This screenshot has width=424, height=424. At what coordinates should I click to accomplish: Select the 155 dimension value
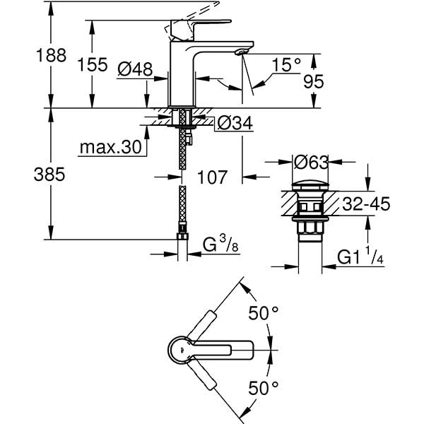pyautogui.click(x=93, y=66)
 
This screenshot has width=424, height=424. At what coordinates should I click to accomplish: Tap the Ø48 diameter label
pyautogui.click(x=136, y=69)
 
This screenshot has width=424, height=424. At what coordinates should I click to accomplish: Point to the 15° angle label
pyautogui.click(x=285, y=65)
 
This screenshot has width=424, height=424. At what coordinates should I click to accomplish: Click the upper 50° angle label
pyautogui.click(x=261, y=312)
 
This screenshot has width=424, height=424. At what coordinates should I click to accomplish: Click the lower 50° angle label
pyautogui.click(x=261, y=387)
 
